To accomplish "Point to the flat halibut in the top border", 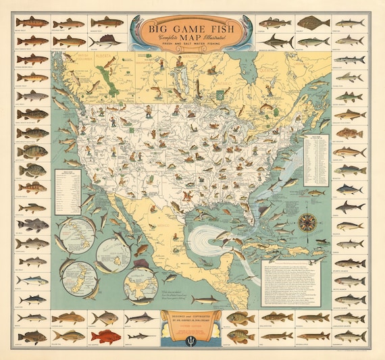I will [x=307, y=22].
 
